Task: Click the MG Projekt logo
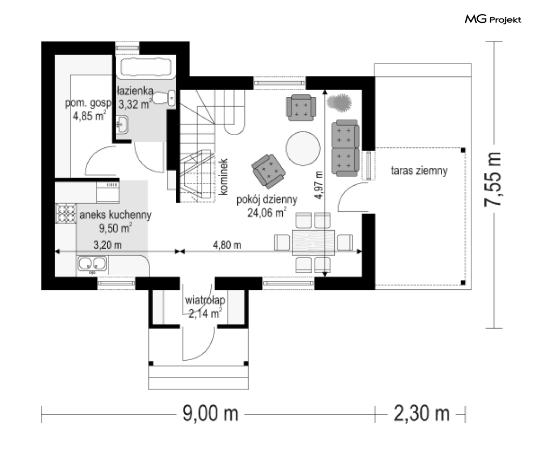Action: [x=493, y=20]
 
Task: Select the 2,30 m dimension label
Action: [x=421, y=414]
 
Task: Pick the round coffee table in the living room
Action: [x=302, y=146]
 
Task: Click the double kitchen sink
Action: [x=92, y=264]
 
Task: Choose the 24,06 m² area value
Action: [x=267, y=213]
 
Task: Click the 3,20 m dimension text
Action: [x=107, y=244]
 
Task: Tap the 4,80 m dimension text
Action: [x=227, y=244]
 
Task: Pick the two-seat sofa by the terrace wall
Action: [x=345, y=147]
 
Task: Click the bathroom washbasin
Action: [x=122, y=124]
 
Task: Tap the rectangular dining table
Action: [x=314, y=242]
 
